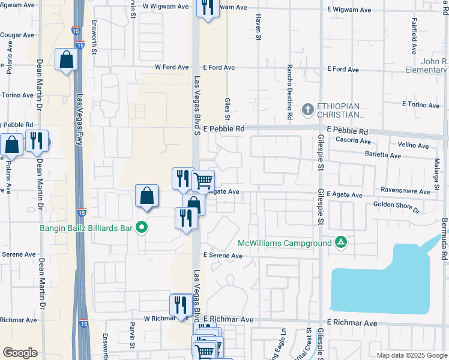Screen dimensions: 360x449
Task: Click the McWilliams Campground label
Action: click(x=284, y=243)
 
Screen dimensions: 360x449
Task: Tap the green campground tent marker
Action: click(x=341, y=242)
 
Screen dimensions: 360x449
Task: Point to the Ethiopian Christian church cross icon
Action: click(x=308, y=109)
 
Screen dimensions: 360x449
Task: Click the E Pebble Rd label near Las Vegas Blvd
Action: click(x=223, y=129)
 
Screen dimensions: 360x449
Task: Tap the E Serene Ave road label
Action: click(x=223, y=256)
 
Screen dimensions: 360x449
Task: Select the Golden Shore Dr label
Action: click(x=397, y=207)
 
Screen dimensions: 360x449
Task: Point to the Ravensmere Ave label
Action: click(x=406, y=192)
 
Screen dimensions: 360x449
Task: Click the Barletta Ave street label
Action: click(x=383, y=155)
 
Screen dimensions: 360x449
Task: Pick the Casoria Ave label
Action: click(x=354, y=140)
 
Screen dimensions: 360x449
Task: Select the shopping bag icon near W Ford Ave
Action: click(x=66, y=60)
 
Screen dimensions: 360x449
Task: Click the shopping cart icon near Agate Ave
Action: click(x=203, y=180)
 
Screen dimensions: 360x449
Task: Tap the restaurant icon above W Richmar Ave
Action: click(x=180, y=304)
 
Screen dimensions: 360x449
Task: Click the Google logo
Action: click(x=19, y=353)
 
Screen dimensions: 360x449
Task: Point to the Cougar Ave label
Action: click(x=17, y=35)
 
